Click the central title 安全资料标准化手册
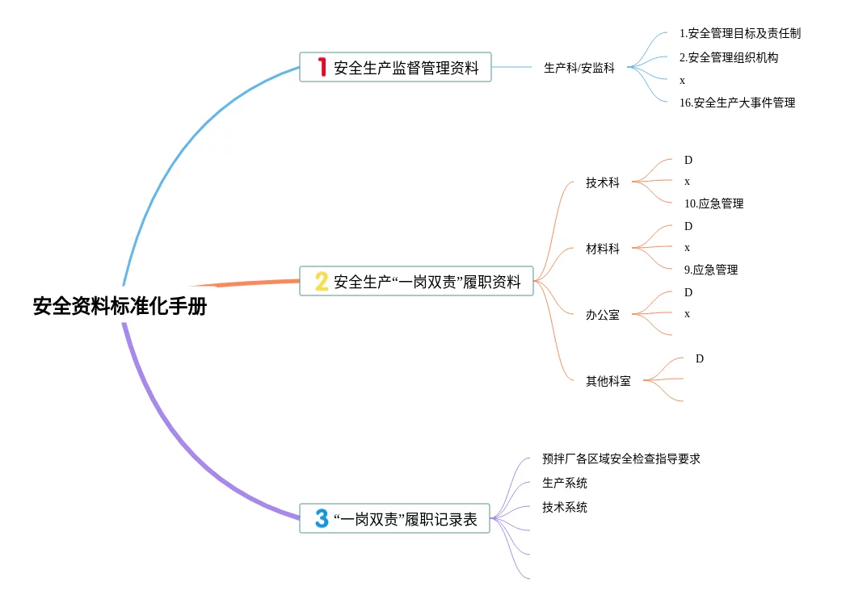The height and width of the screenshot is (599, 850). [120, 307]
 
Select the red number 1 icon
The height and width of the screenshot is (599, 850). [321, 67]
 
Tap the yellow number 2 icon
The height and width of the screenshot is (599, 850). [322, 281]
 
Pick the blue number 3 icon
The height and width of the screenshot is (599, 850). [322, 518]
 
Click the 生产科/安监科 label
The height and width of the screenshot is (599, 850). [579, 69]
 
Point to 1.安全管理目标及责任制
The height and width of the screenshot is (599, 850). [739, 34]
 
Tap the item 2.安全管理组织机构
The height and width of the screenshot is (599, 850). [729, 57]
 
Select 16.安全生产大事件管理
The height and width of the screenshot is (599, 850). [737, 103]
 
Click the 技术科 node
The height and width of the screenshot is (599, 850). [603, 183]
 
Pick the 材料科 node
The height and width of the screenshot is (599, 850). [603, 249]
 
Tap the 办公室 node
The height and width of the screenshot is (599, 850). [603, 315]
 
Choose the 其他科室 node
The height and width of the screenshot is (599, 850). [608, 381]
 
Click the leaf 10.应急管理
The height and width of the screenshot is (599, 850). [713, 203]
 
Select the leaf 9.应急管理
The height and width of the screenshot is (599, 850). [710, 270]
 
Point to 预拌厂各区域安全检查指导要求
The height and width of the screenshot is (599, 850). [621, 459]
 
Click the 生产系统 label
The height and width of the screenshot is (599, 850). [565, 484]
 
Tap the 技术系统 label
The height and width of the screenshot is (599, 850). [565, 508]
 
